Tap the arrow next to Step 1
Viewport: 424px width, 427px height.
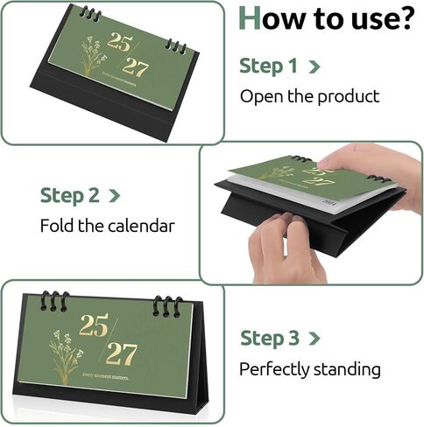click(314, 66)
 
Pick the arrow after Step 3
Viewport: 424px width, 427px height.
click(315, 339)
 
